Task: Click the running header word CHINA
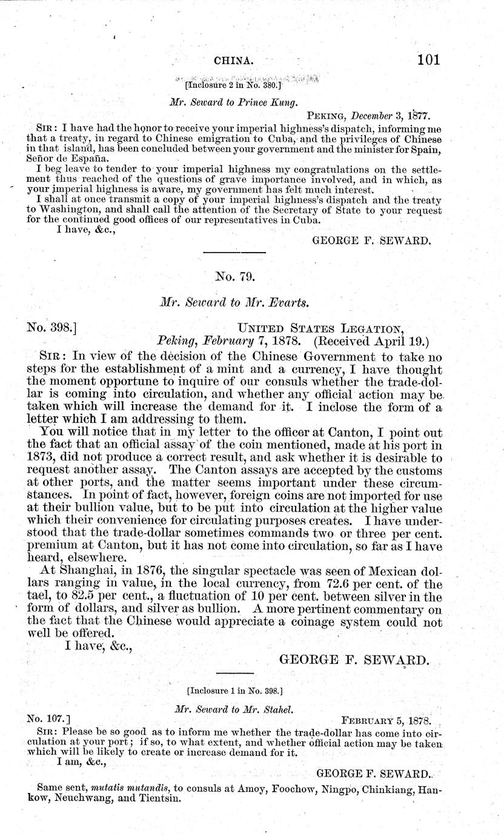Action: [233, 61]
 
